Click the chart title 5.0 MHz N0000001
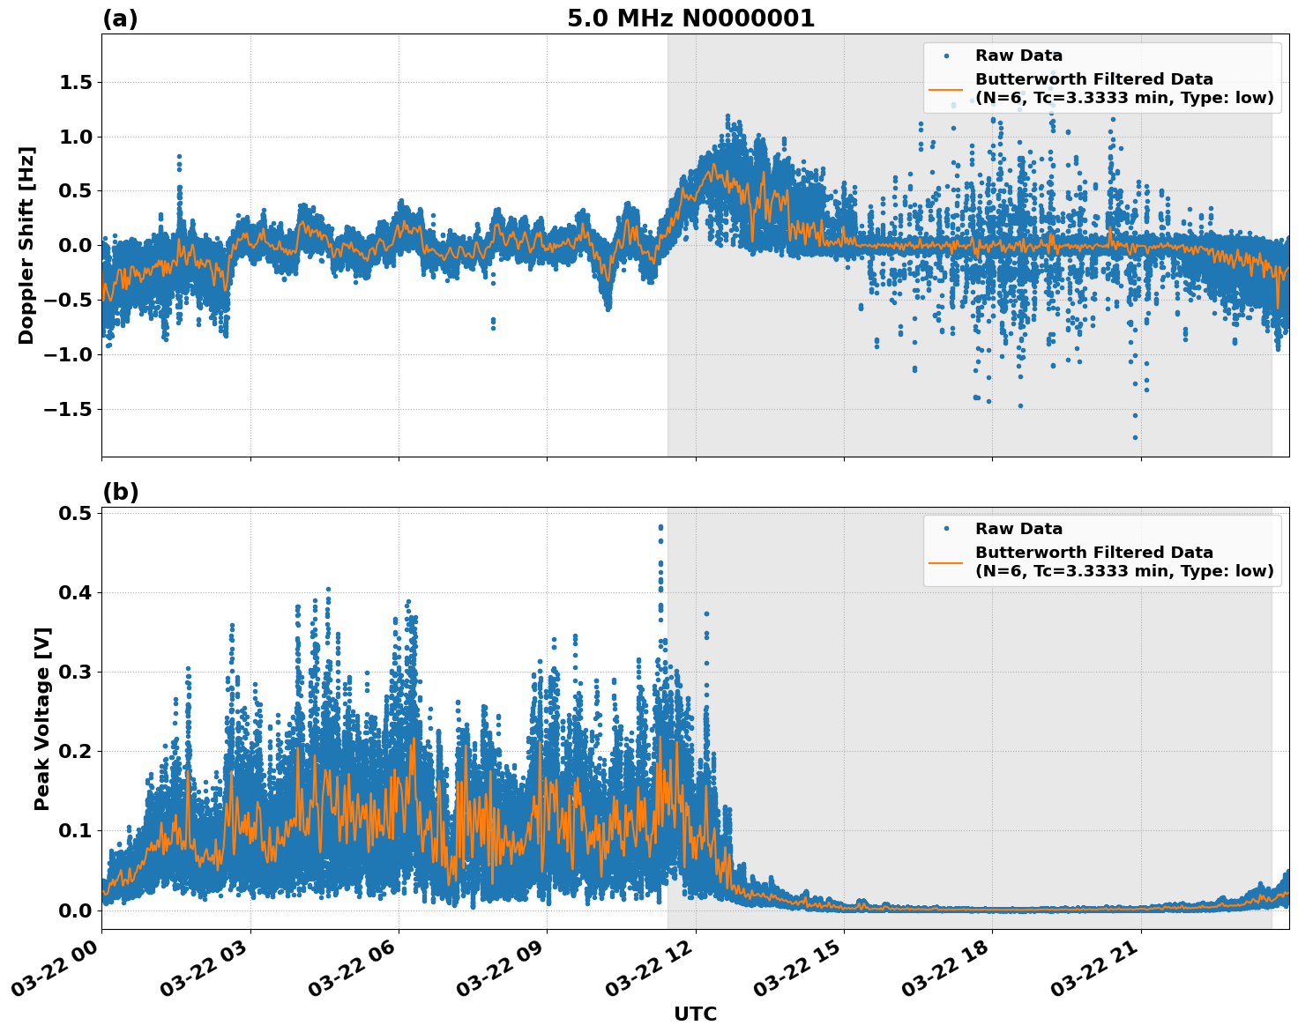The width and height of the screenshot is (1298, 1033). [x=690, y=19]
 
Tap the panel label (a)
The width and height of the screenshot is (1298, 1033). [x=120, y=19]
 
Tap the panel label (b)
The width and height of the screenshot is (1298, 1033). [x=120, y=492]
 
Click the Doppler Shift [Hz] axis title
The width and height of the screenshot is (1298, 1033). [x=26, y=245]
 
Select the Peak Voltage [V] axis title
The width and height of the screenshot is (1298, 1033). [x=41, y=718]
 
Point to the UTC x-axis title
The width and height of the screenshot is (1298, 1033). [x=695, y=1014]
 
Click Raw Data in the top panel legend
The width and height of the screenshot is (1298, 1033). [x=1018, y=56]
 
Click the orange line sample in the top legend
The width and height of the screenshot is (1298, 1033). [x=946, y=88]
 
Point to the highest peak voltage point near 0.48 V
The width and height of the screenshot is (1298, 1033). [x=660, y=527]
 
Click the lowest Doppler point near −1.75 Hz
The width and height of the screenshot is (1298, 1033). [x=1135, y=437]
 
